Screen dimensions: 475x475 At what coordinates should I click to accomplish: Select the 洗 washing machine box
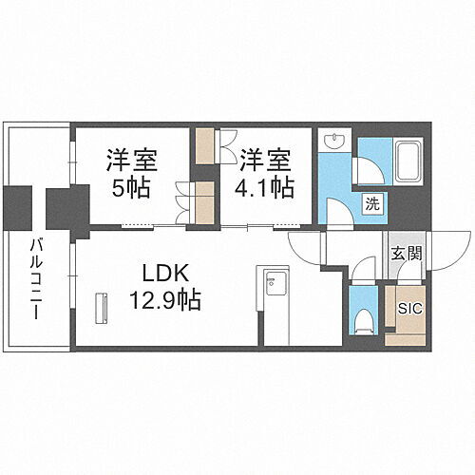pos(373,202)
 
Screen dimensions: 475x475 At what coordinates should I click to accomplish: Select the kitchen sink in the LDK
pos(274,281)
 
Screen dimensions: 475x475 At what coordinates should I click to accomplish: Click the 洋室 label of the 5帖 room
pos(132,157)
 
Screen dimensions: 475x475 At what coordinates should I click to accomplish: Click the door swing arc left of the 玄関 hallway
pos(306,249)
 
